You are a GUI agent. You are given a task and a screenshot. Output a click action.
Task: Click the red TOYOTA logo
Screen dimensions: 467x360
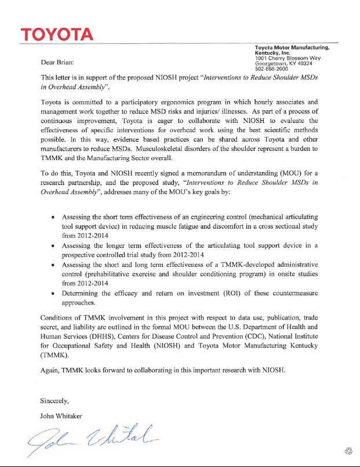click(57, 34)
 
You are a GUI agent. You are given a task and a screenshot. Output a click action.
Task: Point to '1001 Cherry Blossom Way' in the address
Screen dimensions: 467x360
click(288, 57)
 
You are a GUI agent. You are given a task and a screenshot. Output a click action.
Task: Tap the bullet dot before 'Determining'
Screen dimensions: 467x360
click(53, 294)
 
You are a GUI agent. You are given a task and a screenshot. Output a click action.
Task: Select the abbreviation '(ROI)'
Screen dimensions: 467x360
click(234, 294)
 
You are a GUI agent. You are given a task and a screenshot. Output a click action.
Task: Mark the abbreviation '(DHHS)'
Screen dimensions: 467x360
click(103, 336)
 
